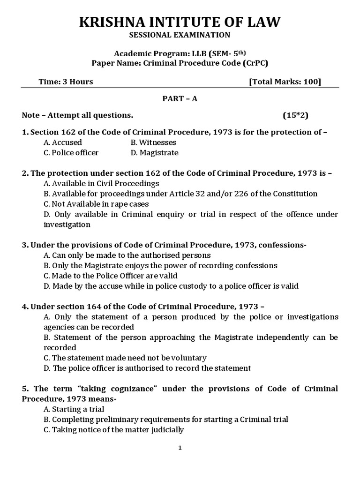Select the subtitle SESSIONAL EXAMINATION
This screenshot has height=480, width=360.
(180, 35)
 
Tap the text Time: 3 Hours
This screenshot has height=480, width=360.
(66, 82)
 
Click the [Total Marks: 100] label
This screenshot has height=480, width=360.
(285, 82)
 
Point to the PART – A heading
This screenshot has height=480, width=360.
(180, 99)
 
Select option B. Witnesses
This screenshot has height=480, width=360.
(153, 142)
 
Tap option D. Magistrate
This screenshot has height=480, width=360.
(154, 153)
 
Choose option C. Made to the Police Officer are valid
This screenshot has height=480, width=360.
(111, 276)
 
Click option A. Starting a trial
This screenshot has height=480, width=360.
(74, 409)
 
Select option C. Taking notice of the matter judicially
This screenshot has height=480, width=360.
(113, 430)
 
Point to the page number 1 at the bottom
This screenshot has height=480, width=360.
(180, 448)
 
